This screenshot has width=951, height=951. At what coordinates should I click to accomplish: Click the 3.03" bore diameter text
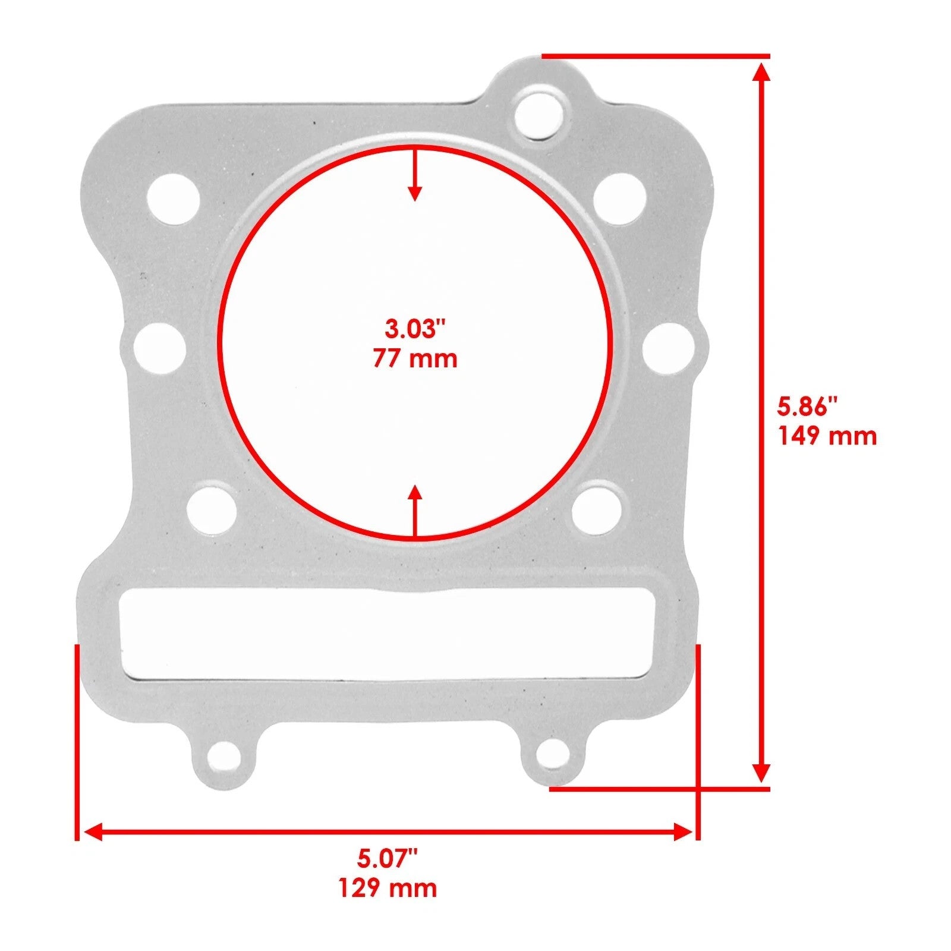(x=415, y=329)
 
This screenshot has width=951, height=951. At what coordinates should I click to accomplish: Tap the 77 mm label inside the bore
(x=415, y=359)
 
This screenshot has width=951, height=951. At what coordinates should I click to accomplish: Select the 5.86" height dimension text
(x=807, y=408)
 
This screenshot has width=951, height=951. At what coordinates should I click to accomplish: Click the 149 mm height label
(x=827, y=437)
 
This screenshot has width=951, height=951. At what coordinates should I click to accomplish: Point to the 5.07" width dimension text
(x=388, y=858)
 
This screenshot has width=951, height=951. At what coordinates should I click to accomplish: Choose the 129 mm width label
(x=388, y=888)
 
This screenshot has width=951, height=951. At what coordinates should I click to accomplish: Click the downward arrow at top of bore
(x=415, y=178)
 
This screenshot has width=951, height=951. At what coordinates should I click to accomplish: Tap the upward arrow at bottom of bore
(x=415, y=508)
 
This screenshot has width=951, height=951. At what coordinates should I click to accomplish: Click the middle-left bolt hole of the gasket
(x=160, y=348)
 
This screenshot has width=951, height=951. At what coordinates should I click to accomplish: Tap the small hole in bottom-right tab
(x=551, y=754)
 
